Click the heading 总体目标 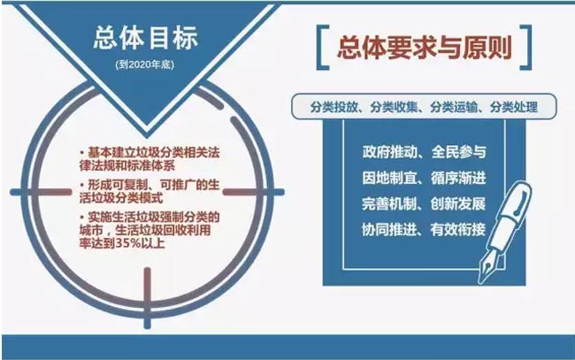146,37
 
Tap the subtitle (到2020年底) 145,65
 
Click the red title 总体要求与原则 425,48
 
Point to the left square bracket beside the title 322,47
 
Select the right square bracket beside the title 525,47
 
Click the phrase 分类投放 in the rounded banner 333,107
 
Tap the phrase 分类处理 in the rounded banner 514,107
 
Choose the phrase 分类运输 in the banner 454,107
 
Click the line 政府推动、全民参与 424,152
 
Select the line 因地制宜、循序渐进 424,178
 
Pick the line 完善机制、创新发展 424,203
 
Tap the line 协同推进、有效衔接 424,229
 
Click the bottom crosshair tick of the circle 148,298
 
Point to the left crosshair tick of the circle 41,192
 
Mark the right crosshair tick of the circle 253,192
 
